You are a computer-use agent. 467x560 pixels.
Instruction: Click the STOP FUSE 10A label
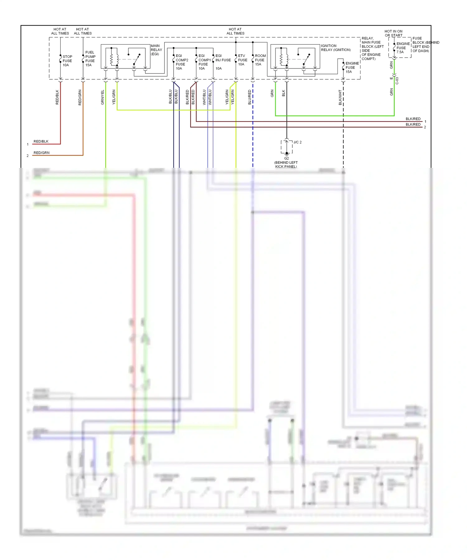pos(67,61)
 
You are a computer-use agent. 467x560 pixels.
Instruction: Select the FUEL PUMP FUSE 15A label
pos(90,59)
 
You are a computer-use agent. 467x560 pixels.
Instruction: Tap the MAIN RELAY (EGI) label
pos(156,50)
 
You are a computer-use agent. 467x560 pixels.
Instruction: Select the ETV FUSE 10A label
pos(242,60)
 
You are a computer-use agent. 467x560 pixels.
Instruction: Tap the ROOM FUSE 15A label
pos(260,60)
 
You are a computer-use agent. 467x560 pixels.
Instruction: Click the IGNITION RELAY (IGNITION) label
pos(336,48)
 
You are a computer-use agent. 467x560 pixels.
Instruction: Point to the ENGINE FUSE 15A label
pos(352,67)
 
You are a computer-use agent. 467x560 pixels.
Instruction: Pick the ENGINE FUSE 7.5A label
pos(403,48)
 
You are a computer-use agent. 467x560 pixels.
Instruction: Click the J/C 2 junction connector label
pos(297,142)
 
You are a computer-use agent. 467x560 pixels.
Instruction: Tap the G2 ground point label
pos(286,158)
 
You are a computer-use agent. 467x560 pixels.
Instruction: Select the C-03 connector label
pos(397,81)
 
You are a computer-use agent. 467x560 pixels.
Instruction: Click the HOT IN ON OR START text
pos(393,33)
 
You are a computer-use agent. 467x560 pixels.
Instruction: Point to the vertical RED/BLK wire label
pos(57,97)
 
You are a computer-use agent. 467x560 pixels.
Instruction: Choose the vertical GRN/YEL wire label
pos(102,97)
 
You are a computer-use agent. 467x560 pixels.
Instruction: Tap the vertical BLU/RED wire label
pos(249,97)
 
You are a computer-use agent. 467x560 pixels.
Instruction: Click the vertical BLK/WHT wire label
pos(340,97)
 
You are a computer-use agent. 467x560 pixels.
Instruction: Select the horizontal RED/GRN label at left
pos(41,153)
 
